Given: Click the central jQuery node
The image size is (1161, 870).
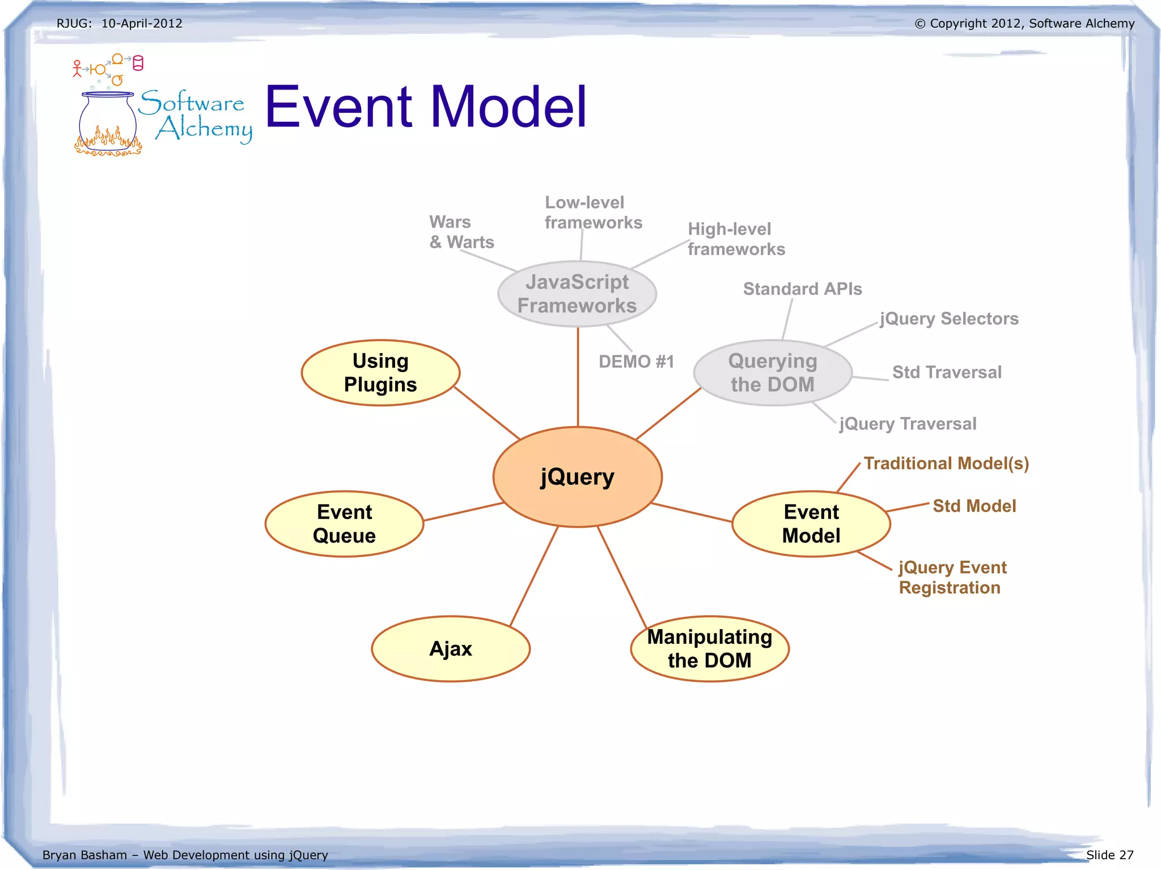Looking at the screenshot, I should point(577,477).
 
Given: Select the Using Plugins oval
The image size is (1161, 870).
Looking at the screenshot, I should point(380,372).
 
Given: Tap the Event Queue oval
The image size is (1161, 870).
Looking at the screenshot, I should point(344,524).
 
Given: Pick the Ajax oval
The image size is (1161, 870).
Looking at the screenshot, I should point(451,648).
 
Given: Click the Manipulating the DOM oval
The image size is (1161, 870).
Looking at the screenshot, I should point(709,648).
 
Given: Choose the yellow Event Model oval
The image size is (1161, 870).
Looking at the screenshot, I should point(811,524).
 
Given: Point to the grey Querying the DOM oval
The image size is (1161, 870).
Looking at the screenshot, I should point(772,372).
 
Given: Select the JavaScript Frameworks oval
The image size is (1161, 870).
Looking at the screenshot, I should point(577,294).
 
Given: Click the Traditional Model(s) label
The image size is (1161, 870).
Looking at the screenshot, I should point(946,464).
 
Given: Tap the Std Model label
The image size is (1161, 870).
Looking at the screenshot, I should point(974,506).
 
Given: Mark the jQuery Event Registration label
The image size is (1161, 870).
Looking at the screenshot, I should point(952,577).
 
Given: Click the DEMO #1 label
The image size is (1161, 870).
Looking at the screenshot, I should point(636,362).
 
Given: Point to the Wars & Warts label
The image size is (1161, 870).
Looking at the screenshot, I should point(461,232).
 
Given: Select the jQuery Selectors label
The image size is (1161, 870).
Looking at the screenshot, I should point(949,319).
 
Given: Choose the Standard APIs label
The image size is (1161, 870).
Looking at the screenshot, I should point(802,289).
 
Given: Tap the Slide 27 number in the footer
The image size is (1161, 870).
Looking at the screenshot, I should point(1109,855).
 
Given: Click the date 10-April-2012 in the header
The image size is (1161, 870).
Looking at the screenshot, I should point(142,23).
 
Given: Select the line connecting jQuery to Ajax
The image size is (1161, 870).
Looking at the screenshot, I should point(533,576).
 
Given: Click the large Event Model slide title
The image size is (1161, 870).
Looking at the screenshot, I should point(425,107).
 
